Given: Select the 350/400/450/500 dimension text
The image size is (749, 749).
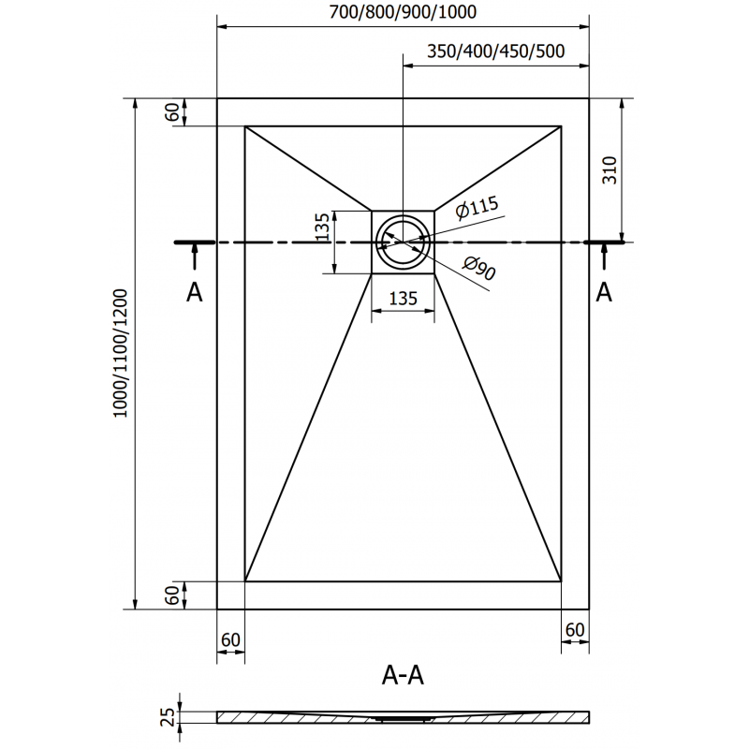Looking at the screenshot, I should tap(495, 51).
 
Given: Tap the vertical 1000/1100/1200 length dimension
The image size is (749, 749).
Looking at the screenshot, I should tap(119, 353).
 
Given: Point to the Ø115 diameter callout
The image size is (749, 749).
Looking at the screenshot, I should tap(477, 209).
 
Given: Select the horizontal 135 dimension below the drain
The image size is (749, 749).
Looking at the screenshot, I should tap(403, 300).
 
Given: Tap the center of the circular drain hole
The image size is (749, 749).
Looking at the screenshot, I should tap(403, 241).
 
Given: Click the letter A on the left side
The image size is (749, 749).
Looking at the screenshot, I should tap(194, 293).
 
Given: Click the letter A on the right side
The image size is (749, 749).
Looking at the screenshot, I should tap(604, 293).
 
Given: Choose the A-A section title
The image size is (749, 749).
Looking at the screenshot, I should tap(404, 673).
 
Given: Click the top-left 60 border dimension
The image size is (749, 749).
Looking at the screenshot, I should tap(171, 111).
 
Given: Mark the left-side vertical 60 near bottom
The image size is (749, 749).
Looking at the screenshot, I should tap(171, 595).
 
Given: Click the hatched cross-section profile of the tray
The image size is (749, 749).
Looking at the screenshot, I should tap(403, 717).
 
